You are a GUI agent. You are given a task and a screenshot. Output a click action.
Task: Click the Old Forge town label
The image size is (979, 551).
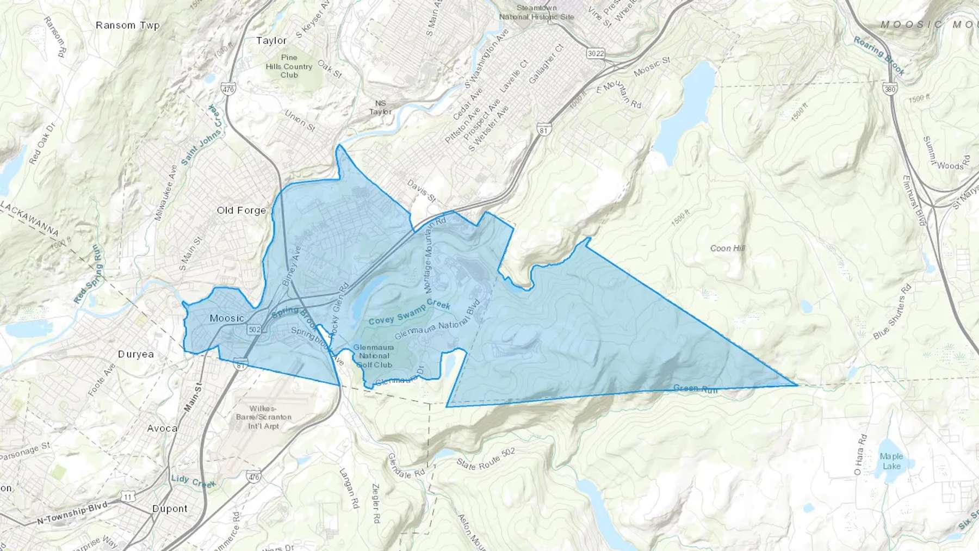pos(241,211)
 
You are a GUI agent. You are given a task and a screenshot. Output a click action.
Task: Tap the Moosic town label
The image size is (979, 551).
pos(227,318)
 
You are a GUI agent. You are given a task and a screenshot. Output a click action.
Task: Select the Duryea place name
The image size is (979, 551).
pos(136,354)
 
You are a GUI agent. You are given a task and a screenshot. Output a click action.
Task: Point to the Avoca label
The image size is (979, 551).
pos(162,429)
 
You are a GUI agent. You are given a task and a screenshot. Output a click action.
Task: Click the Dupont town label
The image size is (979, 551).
pos(170,509)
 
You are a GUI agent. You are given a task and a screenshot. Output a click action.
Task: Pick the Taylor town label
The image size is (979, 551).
pos(271,41)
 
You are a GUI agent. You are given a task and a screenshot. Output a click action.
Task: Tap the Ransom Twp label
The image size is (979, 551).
pos(128,26)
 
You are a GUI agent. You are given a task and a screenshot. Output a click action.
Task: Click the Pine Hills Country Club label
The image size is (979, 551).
pos(289,66)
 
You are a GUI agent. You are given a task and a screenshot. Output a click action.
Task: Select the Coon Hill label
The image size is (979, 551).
pos(728,249)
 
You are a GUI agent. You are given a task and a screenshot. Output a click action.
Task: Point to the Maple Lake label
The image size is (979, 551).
pos(891,461)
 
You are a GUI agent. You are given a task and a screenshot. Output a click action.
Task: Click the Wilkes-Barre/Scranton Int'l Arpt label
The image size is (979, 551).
pos(264,417)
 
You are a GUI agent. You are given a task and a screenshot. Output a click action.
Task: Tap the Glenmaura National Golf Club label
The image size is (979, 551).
pos(374,356)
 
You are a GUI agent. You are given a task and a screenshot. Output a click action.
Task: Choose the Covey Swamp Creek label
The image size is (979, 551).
pos(410,312)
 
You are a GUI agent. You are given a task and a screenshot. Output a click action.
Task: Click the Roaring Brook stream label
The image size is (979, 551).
pos(878,56)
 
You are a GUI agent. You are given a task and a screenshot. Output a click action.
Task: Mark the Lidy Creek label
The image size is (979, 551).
pos(193,481)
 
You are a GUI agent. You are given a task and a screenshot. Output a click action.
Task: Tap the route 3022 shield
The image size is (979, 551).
pos(596,53)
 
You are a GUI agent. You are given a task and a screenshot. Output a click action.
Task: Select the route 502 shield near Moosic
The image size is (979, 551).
pos(254,330)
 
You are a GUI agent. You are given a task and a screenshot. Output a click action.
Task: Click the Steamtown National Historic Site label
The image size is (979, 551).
pos(537,13)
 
